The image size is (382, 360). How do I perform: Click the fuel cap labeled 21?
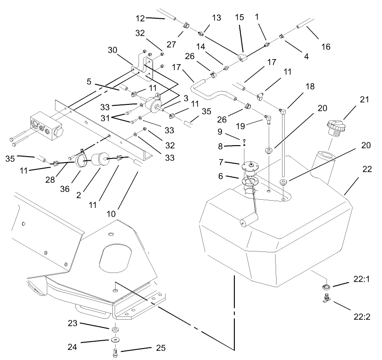click(x=335, y=126)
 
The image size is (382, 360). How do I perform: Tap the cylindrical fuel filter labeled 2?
click(x=100, y=160)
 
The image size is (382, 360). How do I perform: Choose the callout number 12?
click(x=141, y=18)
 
